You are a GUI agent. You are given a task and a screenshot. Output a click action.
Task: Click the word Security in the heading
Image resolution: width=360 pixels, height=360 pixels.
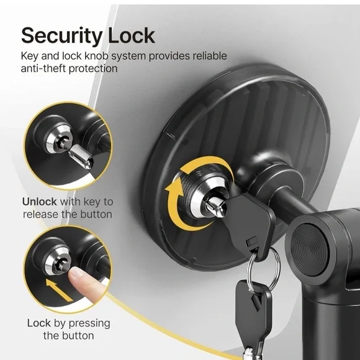61,35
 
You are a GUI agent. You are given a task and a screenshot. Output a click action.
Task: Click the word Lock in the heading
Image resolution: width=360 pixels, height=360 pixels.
132,35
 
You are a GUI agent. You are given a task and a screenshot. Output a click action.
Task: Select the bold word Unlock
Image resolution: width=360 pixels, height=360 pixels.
40,202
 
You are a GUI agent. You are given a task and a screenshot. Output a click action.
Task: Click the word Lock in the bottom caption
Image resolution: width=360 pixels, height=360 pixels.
39,323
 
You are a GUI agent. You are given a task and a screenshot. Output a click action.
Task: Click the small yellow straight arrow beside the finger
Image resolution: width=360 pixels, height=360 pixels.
58,290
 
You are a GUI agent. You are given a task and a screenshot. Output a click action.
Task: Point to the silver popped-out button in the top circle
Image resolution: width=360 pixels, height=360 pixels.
81,156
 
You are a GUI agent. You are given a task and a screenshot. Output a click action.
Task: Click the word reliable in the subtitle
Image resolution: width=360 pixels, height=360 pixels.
210,56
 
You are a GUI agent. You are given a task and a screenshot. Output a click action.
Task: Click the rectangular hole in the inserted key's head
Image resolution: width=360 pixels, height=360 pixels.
251,242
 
